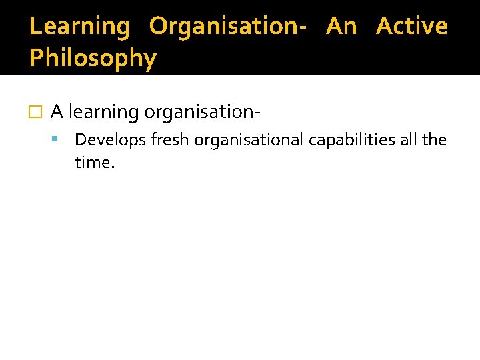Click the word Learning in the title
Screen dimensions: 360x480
(80, 27)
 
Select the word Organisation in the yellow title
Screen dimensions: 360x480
(221, 27)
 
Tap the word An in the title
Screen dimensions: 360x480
(341, 27)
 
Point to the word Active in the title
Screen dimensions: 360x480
(411, 27)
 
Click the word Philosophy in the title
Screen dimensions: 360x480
(93, 59)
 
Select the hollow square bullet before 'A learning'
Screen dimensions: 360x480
(36, 112)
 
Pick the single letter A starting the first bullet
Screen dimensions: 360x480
(57, 111)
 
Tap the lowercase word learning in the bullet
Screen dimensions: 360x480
(104, 113)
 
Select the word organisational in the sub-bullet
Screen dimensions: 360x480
(249, 141)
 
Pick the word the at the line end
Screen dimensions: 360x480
(435, 140)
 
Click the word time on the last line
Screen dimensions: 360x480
(92, 162)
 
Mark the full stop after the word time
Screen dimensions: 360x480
(113, 167)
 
